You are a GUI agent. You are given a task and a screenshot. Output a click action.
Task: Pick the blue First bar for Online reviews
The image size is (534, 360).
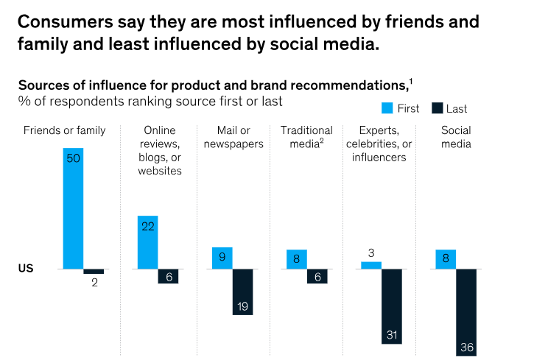click(x=147, y=243)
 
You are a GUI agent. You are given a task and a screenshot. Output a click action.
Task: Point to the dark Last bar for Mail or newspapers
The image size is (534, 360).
click(x=243, y=292)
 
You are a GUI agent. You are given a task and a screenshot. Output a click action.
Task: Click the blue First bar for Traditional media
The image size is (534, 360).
click(x=297, y=259)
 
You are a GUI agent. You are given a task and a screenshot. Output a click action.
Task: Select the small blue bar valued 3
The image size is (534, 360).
click(x=371, y=265)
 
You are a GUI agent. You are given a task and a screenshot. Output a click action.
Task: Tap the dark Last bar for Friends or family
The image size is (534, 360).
click(x=94, y=271)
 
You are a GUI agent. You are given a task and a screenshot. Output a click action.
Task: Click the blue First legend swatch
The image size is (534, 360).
click(x=387, y=108)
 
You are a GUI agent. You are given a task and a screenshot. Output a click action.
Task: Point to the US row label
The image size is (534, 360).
click(x=25, y=269)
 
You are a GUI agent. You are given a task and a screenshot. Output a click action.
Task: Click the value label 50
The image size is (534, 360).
click(x=73, y=158)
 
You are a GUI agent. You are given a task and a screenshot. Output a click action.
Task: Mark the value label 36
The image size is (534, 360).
click(x=466, y=346)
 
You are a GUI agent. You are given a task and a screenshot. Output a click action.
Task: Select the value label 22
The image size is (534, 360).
click(x=147, y=226)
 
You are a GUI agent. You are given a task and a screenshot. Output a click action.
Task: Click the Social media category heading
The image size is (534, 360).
click(x=456, y=137)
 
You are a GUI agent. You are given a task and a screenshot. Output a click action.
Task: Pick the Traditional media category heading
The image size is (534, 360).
click(x=306, y=137)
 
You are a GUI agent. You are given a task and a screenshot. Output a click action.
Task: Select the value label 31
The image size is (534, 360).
click(x=392, y=336)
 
